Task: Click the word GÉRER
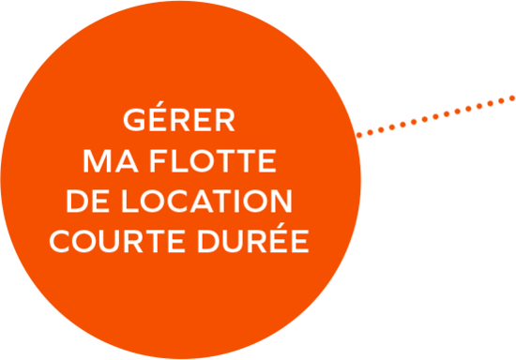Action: pyautogui.click(x=179, y=116)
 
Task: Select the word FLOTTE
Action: pyautogui.click(x=213, y=161)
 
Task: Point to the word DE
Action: pyautogui.click(x=87, y=202)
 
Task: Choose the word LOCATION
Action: pyautogui.click(x=207, y=202)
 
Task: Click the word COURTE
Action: pyautogui.click(x=117, y=241)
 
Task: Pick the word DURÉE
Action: pyautogui.click(x=253, y=238)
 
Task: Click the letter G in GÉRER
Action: pyautogui.click(x=134, y=120)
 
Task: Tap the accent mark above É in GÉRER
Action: pyautogui.click(x=159, y=104)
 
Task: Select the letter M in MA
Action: pyautogui.click(x=97, y=161)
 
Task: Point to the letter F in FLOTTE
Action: pyautogui.click(x=158, y=161)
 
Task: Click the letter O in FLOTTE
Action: pyautogui.click(x=202, y=161)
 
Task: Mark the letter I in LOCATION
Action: pyautogui.click(x=237, y=202)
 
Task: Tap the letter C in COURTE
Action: pyautogui.click(x=59, y=241)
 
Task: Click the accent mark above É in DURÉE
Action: pyautogui.click(x=281, y=225)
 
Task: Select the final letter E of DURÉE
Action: pyautogui.click(x=300, y=241)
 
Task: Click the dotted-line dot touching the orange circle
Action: pyautogui.click(x=359, y=135)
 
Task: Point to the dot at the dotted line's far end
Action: pyautogui.click(x=512, y=98)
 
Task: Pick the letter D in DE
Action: pyautogui.click(x=77, y=202)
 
